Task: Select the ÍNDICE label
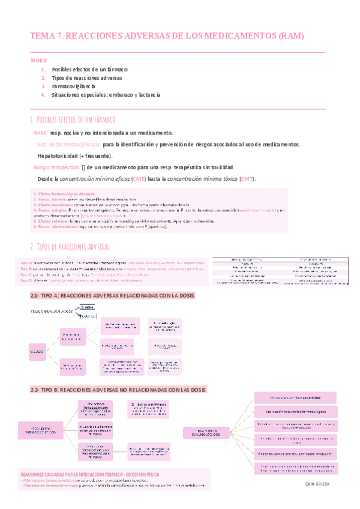coord(37,61)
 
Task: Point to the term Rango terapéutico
coord(56,167)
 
